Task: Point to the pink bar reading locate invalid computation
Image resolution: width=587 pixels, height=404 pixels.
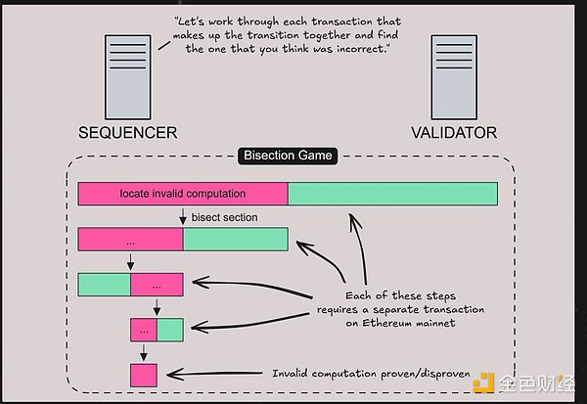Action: pos(183,193)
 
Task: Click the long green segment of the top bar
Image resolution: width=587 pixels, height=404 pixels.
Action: pos(392,193)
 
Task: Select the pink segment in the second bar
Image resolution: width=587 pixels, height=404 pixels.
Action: pos(130,240)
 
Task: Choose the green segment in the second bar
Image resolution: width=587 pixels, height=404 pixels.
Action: pos(235,240)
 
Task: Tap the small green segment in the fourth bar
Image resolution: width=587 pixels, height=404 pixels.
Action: pos(170,330)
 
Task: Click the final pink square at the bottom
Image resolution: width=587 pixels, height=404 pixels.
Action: pos(144,374)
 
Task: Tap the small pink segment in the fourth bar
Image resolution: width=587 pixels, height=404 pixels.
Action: pos(144,330)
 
